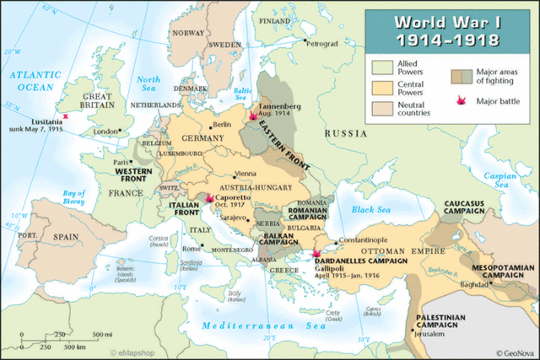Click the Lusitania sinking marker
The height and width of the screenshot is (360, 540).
64,117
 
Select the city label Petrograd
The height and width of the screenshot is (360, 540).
322,42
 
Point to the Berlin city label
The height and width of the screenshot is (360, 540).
222,125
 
